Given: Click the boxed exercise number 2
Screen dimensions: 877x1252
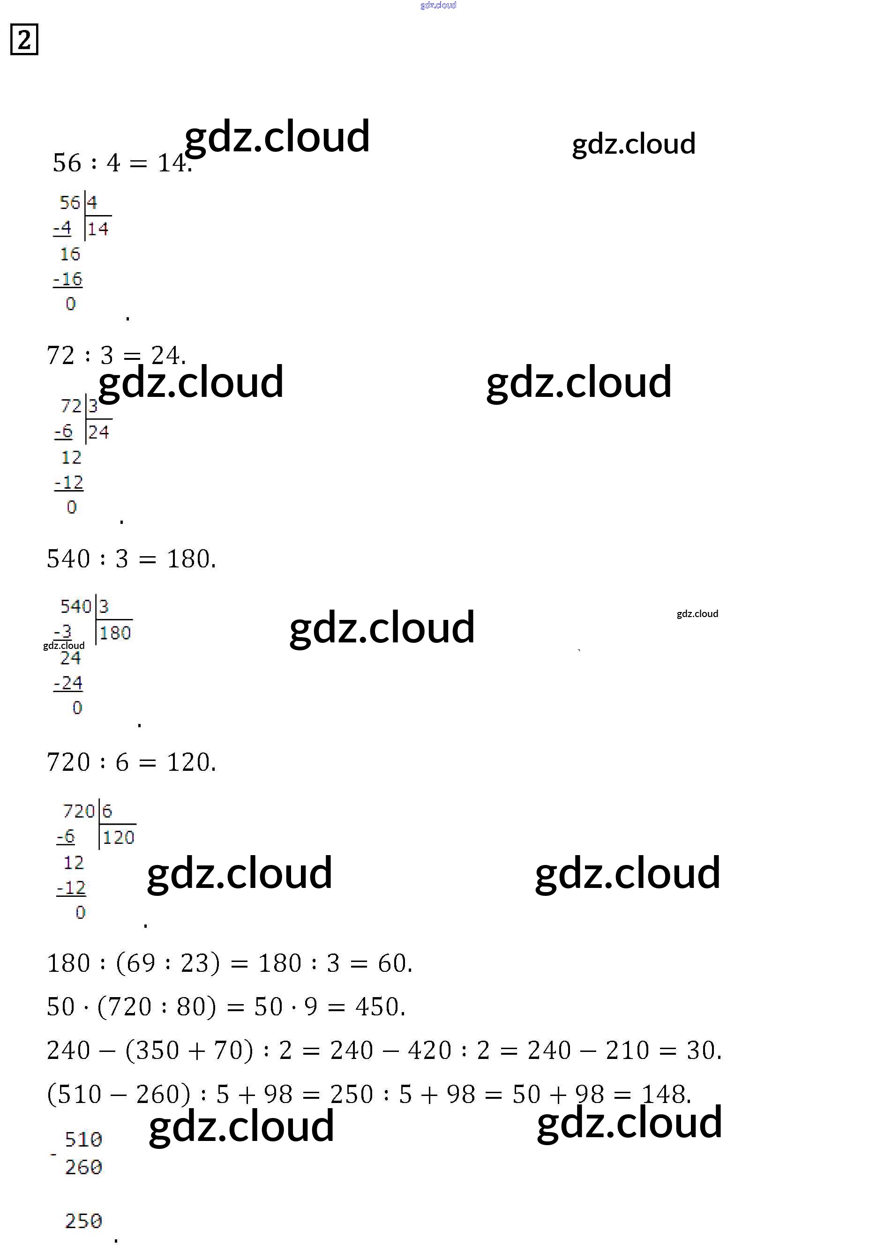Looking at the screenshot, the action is (x=24, y=39).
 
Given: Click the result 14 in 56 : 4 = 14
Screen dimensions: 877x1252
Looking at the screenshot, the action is (x=172, y=163).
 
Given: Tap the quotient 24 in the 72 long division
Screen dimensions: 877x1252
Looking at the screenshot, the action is (x=99, y=432).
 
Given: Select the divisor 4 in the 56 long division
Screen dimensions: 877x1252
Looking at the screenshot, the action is (x=91, y=203).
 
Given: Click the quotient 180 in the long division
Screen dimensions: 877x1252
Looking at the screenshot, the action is (x=115, y=633).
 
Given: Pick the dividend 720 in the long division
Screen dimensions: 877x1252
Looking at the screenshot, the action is (x=79, y=811).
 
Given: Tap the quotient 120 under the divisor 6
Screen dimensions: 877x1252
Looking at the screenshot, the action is (x=118, y=837).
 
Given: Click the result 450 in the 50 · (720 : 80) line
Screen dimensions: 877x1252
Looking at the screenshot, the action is (x=376, y=1006).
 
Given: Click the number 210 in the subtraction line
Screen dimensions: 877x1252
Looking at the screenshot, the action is (x=627, y=1050).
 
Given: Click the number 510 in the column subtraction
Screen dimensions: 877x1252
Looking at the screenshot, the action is (x=83, y=1139).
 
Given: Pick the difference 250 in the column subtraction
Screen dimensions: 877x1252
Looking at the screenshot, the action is (x=83, y=1221).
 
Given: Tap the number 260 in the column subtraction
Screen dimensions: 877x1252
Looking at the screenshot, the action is (x=83, y=1167).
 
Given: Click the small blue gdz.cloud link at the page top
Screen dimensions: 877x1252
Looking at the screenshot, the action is (x=438, y=5).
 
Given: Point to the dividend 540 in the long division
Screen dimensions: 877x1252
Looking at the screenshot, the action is (x=76, y=606).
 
